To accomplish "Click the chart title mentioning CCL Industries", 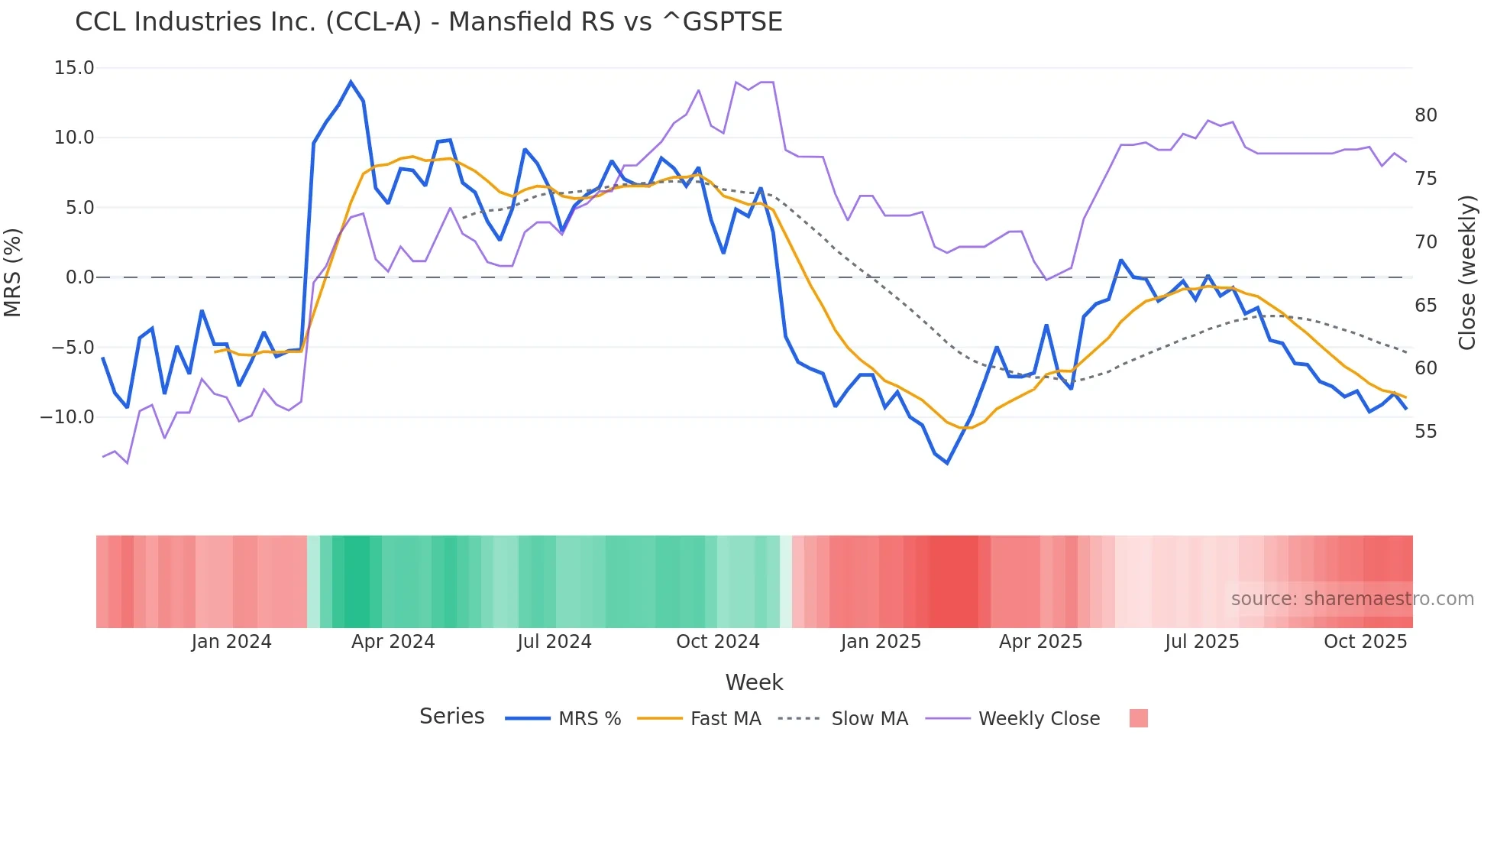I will (x=428, y=22).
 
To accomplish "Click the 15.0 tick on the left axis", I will (x=74, y=68).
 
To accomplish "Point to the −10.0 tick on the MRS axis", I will (x=67, y=417).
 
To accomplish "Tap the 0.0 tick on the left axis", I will (x=79, y=277).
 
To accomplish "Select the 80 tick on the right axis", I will (x=1425, y=115).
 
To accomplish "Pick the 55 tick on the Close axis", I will (x=1425, y=432).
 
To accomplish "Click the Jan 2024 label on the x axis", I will (x=231, y=642).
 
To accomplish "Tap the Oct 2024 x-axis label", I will (x=717, y=642).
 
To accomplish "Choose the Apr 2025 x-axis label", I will (x=1040, y=642).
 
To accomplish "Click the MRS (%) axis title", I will (x=13, y=273).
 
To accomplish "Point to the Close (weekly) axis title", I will (x=1466, y=273).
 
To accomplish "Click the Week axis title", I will (x=754, y=682).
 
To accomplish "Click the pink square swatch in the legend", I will (x=1138, y=718).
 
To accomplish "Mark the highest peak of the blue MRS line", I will (x=351, y=82).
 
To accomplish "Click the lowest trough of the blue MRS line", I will (x=947, y=463).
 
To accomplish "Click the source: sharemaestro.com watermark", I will (x=1352, y=599).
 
